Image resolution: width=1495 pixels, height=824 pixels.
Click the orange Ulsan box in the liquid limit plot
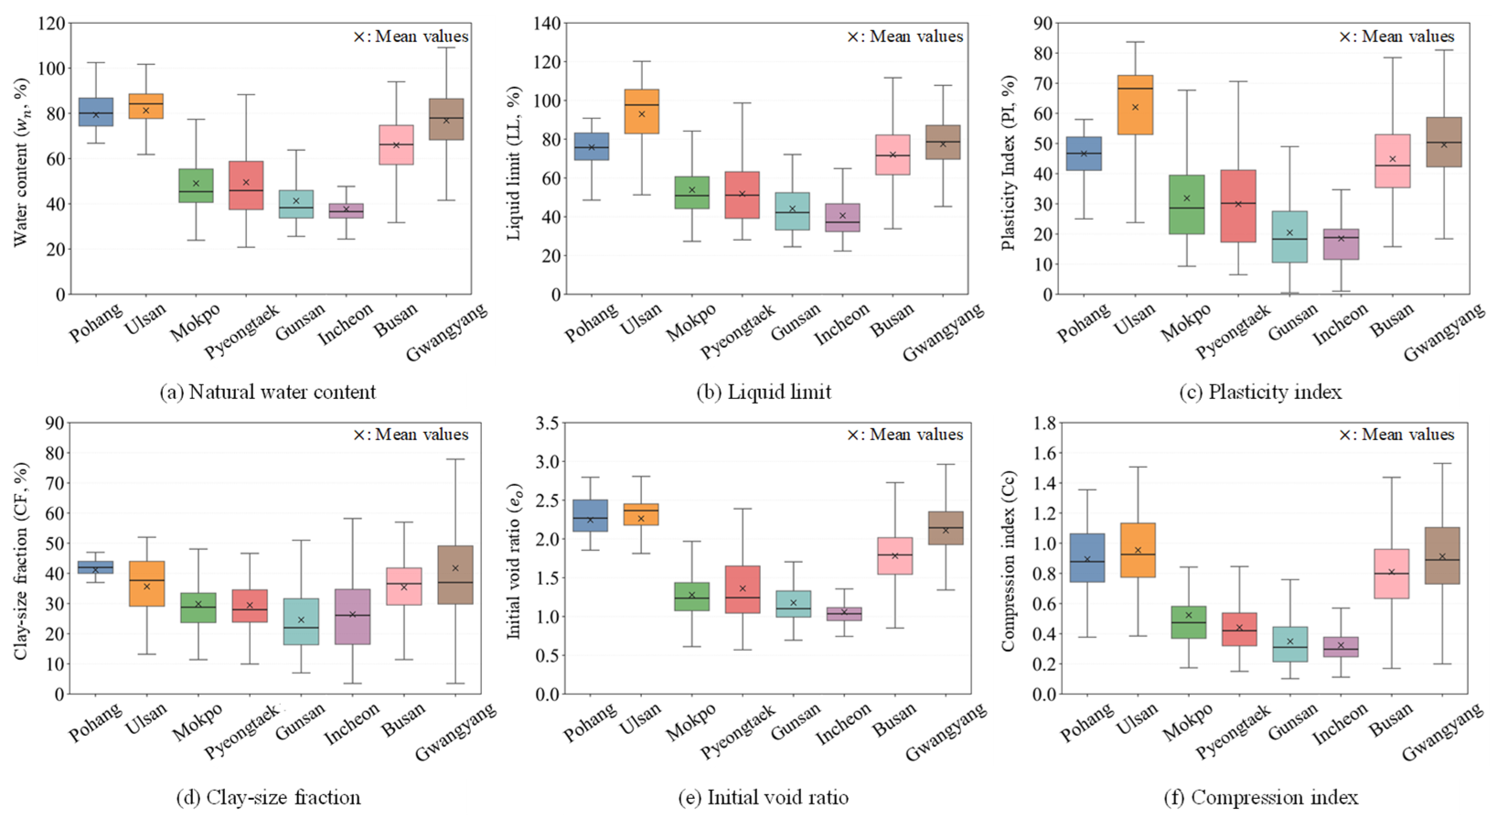point(641,112)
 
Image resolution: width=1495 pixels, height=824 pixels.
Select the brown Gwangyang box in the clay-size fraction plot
point(455,574)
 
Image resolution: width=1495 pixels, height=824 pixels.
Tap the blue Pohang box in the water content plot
point(96,112)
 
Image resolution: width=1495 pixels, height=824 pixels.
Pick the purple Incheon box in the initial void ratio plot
point(844,614)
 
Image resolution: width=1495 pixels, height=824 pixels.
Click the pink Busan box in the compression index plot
point(1391,573)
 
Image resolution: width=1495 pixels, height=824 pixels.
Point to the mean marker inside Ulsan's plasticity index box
point(1135,107)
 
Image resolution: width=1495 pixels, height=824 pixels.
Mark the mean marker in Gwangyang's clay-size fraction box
point(455,568)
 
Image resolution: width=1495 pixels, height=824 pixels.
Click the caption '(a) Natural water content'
point(268,392)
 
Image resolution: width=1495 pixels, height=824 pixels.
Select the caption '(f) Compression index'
point(1261,797)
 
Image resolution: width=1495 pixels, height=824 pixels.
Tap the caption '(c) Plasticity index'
point(1260,392)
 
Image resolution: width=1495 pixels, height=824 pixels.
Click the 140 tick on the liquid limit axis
point(547,23)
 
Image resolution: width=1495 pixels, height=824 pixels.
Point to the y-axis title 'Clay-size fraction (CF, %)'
point(21,561)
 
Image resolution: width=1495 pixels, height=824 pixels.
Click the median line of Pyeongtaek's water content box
point(246,190)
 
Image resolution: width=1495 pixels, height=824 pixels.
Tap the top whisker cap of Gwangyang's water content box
point(446,48)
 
